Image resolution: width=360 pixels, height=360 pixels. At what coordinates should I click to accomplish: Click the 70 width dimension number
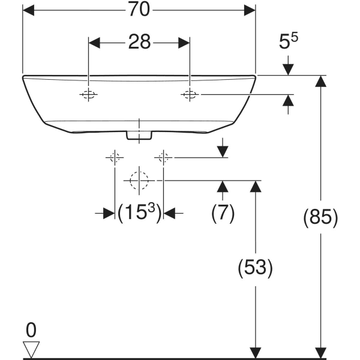tap(139, 10)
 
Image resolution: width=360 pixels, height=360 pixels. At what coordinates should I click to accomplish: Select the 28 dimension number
tap(139, 42)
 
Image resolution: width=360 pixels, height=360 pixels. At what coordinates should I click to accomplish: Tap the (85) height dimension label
tap(321, 217)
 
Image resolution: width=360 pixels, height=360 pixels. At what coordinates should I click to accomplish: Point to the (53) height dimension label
tap(256, 268)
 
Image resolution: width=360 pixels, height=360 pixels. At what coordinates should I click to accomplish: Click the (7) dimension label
tap(223, 213)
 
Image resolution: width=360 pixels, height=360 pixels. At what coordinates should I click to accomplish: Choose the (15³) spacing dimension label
tap(139, 212)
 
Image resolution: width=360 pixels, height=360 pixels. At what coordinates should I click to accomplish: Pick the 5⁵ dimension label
tap(289, 41)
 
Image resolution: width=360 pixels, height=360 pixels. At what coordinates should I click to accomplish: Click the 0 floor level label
tap(31, 330)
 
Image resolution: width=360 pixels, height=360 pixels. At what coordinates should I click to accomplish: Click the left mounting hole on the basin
tap(88, 94)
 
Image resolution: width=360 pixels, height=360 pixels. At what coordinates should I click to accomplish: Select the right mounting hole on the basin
tap(190, 94)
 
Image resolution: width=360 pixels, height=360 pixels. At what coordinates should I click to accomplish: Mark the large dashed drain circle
tap(139, 181)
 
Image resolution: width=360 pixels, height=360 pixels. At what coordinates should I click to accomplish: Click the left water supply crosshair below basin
tap(115, 157)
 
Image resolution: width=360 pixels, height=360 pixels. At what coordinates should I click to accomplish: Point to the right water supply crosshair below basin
tap(163, 157)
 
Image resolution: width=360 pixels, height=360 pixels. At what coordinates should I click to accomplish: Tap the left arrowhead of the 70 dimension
tap(28, 10)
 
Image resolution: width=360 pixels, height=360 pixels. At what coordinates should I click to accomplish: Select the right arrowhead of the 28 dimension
tap(184, 43)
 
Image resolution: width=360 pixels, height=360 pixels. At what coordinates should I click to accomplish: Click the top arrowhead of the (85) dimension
tap(321, 81)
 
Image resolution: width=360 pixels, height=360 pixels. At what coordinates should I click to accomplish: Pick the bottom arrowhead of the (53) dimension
tap(256, 353)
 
